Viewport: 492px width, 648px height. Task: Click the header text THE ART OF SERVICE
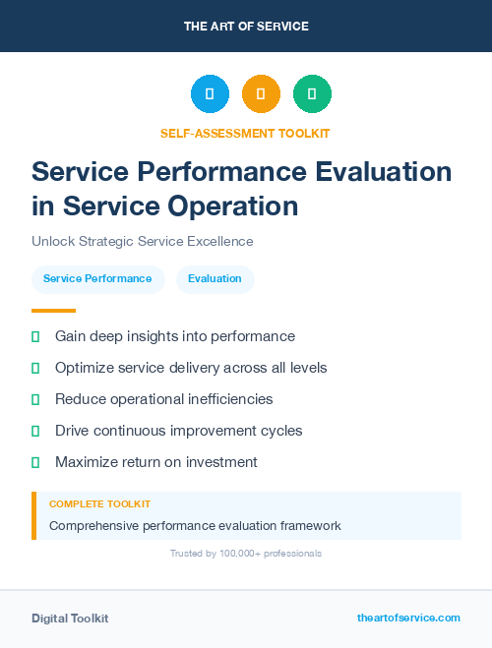(x=246, y=27)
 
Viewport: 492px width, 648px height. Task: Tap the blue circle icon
(x=210, y=94)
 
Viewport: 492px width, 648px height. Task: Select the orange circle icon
(x=261, y=94)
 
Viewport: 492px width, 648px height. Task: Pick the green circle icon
(x=312, y=94)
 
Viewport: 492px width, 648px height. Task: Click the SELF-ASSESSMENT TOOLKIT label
(x=245, y=133)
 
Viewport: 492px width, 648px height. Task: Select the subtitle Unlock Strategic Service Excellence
(x=142, y=241)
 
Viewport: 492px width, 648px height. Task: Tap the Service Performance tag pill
(x=97, y=279)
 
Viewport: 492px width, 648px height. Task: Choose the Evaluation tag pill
(x=215, y=279)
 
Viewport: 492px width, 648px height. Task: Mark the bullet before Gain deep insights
(x=35, y=336)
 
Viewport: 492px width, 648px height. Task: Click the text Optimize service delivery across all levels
(x=191, y=368)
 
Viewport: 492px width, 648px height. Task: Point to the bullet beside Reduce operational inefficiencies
(x=35, y=399)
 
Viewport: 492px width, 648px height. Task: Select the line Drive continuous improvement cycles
(x=178, y=431)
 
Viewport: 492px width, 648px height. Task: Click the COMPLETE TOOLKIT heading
(x=99, y=503)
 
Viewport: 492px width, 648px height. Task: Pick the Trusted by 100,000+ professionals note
(x=245, y=554)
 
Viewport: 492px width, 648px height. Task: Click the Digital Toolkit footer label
(x=70, y=619)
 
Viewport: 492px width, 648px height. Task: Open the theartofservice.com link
(x=408, y=618)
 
